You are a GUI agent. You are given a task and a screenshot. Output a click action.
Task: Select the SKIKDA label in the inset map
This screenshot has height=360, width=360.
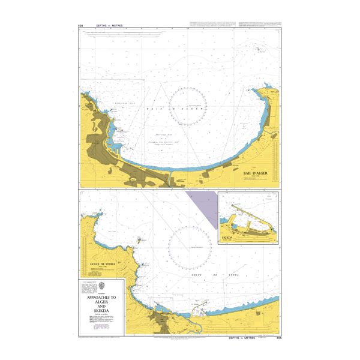click(x=227, y=238)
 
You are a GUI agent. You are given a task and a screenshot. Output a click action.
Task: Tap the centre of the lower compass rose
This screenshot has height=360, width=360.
click(x=188, y=248)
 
